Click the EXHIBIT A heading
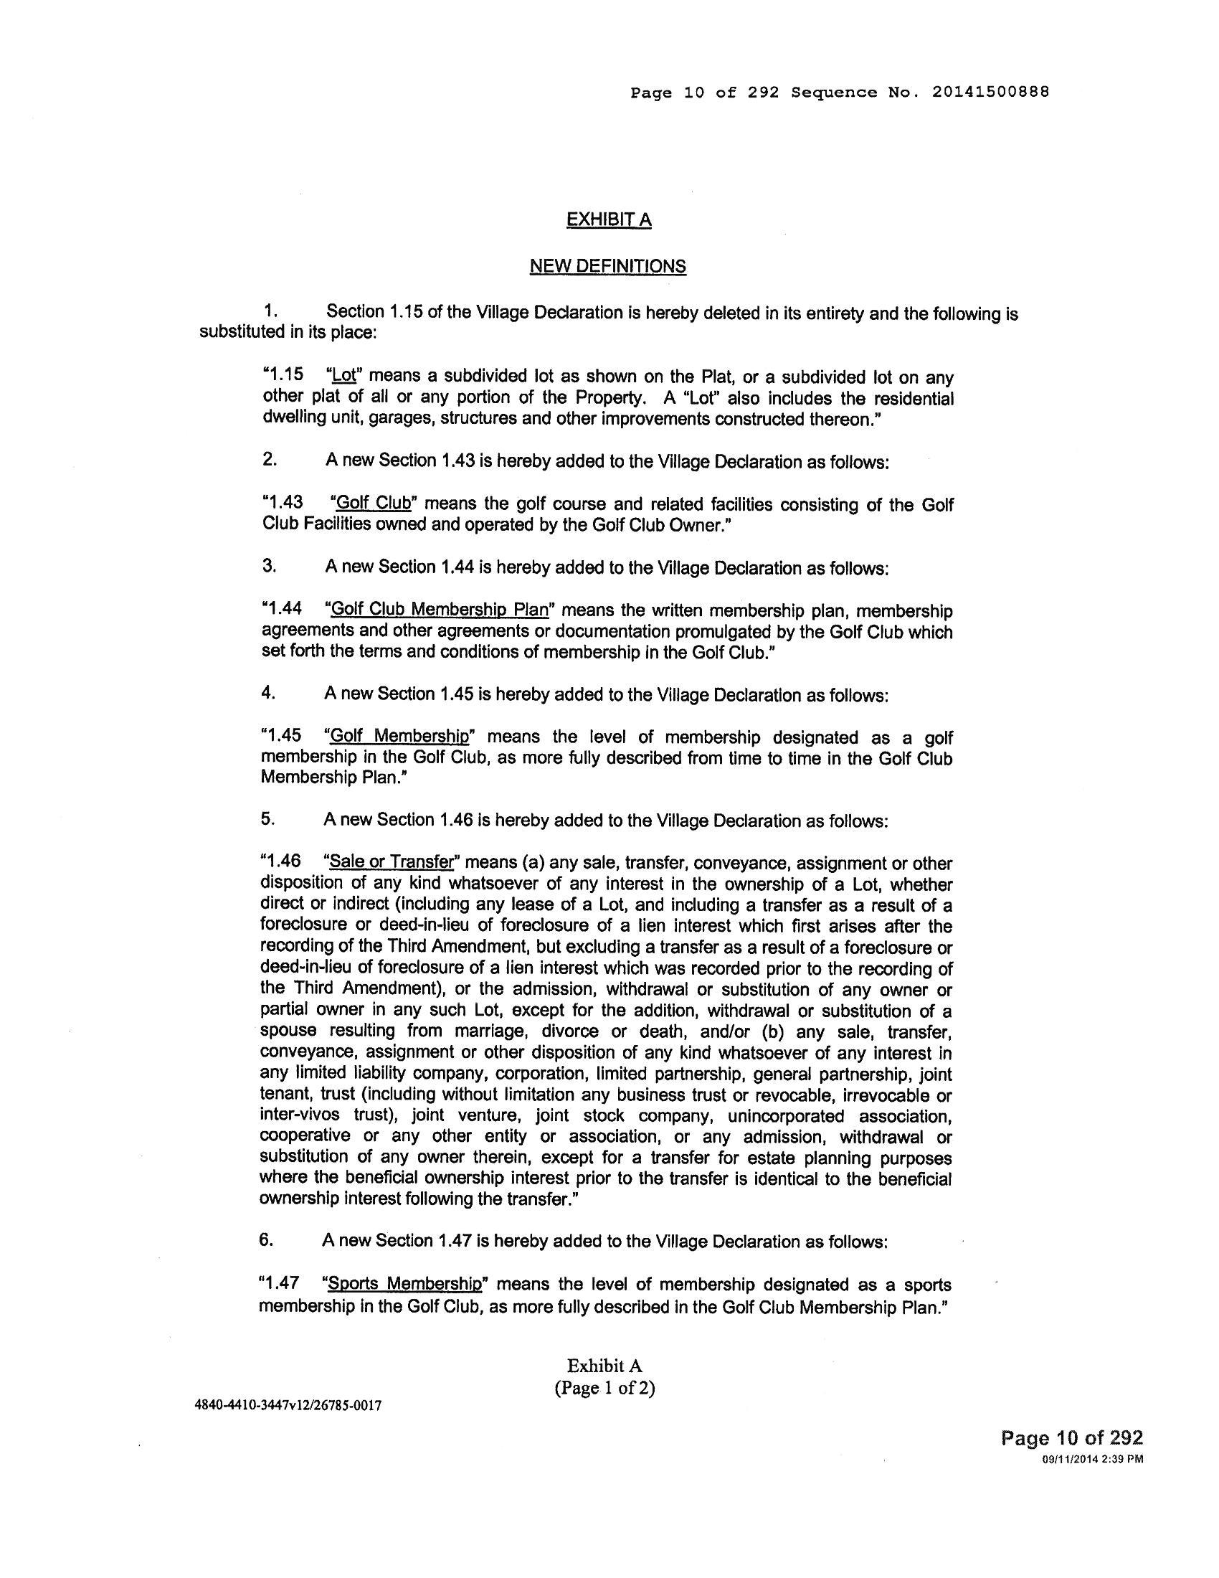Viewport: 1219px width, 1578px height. pos(609,219)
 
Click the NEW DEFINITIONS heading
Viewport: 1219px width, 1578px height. pos(607,267)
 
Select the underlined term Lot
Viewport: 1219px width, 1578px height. pos(343,377)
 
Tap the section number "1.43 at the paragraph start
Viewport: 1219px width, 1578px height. pos(283,504)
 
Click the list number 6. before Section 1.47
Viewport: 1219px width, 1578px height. pos(266,1240)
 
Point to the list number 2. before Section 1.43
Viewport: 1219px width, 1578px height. pos(270,460)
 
